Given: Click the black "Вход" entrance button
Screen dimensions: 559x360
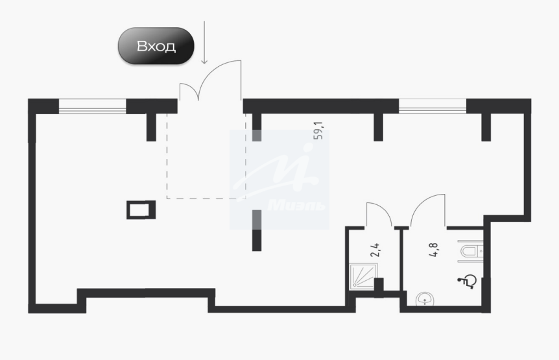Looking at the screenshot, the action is point(156,46).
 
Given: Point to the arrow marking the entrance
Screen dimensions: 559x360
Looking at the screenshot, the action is point(204,42).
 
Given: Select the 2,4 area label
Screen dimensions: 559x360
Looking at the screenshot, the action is point(375,250).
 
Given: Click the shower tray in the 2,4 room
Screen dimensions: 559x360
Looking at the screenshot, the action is point(363,276).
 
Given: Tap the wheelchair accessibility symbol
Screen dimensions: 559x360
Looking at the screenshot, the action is point(467,282).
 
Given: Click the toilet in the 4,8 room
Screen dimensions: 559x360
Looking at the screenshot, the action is point(471,251).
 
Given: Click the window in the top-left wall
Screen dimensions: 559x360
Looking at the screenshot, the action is point(92,106).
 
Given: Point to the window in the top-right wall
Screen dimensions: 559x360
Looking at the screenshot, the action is point(433,106).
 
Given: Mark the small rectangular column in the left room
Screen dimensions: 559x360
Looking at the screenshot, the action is point(141,210).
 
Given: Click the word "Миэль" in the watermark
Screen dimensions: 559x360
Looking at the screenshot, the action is point(296,205).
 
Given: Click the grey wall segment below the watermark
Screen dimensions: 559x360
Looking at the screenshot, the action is point(257,219).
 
